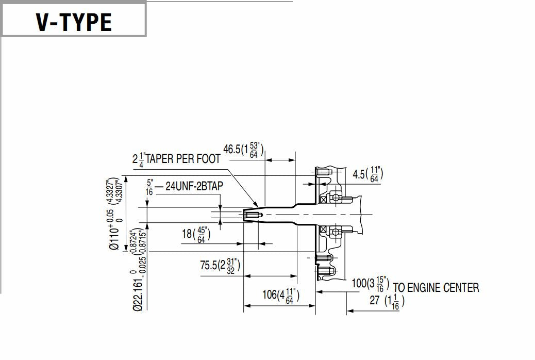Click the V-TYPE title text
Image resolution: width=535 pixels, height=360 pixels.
tap(73, 21)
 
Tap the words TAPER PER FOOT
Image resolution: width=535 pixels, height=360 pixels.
tap(183, 159)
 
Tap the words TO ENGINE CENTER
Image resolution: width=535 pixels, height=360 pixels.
tap(436, 287)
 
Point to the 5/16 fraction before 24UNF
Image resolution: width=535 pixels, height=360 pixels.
tap(149, 187)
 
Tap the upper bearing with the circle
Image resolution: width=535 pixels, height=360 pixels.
tap(336, 198)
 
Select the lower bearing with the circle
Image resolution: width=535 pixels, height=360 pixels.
tap(336, 232)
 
